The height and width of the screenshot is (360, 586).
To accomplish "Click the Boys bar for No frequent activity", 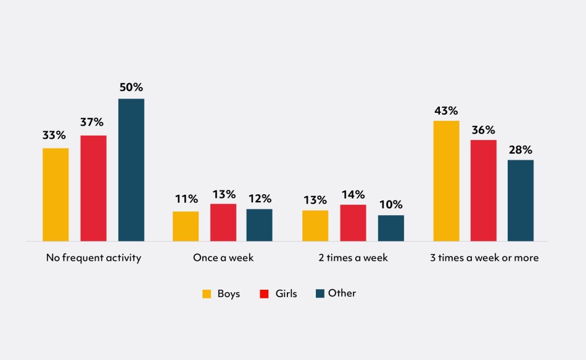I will click(x=56, y=194).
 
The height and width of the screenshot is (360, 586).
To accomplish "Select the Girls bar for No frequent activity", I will click(x=93, y=188).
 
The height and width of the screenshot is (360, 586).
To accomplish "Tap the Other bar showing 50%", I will click(x=131, y=170).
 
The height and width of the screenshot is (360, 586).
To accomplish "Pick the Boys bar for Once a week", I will click(x=186, y=226).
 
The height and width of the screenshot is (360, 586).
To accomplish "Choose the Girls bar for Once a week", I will click(x=223, y=223).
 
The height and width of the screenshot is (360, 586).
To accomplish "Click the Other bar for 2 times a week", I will click(x=390, y=228).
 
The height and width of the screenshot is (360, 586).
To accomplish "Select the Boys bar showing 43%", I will click(x=446, y=181).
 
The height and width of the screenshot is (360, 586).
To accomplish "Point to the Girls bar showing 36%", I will click(x=483, y=190).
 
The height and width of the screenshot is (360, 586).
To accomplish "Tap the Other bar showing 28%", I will click(x=520, y=200).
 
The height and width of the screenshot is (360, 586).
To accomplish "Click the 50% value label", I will click(x=131, y=88).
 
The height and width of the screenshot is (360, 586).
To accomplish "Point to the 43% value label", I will click(x=446, y=111).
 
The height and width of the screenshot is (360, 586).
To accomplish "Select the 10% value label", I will click(x=390, y=205).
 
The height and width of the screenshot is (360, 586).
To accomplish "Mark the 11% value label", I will click(x=186, y=199).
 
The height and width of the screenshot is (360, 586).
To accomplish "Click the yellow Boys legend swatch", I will click(x=207, y=294).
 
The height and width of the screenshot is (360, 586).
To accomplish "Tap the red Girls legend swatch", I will click(x=264, y=294).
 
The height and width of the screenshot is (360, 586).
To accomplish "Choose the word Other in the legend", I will click(x=342, y=293).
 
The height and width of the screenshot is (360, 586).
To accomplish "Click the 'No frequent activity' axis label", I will click(x=94, y=258).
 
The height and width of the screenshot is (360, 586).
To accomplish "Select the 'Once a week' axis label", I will click(x=223, y=258).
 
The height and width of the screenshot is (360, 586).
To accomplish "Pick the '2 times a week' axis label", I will click(x=353, y=258).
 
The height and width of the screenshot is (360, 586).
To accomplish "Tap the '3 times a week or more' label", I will click(x=484, y=258).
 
